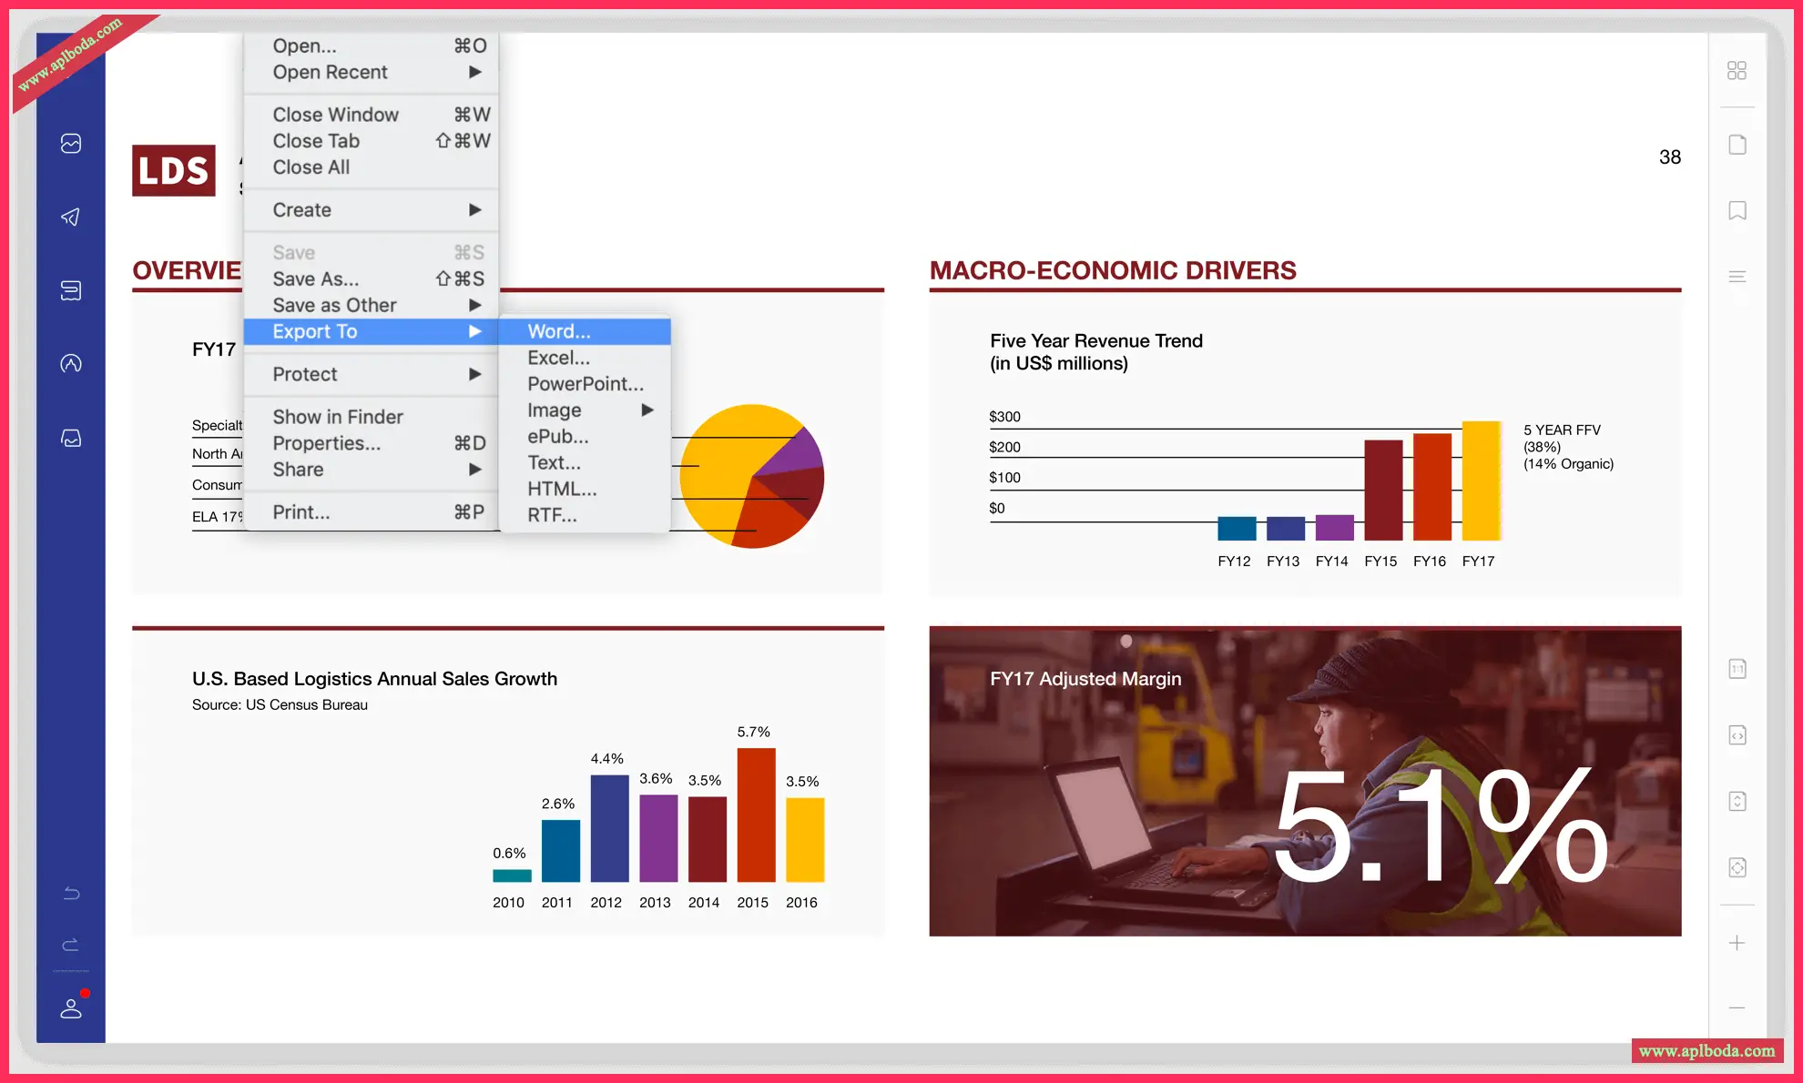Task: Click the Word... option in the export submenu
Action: coord(559,331)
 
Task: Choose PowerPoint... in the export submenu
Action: coord(585,384)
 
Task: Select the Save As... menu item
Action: coord(316,278)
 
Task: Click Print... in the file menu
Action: coord(301,512)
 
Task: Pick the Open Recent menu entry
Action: coord(330,72)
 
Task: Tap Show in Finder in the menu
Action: coord(338,417)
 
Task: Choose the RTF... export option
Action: coord(552,515)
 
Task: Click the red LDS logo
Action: coord(174,170)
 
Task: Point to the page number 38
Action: coord(1670,157)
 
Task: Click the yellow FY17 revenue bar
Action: coord(1481,481)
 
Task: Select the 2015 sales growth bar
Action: coord(756,815)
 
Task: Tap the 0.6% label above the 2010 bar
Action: coord(509,853)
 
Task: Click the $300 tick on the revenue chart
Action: coord(1004,417)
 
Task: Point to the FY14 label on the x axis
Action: coord(1331,562)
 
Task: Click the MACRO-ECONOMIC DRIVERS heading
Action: coord(1113,270)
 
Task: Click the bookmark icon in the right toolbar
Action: coord(1737,211)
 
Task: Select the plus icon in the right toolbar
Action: coord(1737,943)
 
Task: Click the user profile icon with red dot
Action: coord(71,1008)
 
